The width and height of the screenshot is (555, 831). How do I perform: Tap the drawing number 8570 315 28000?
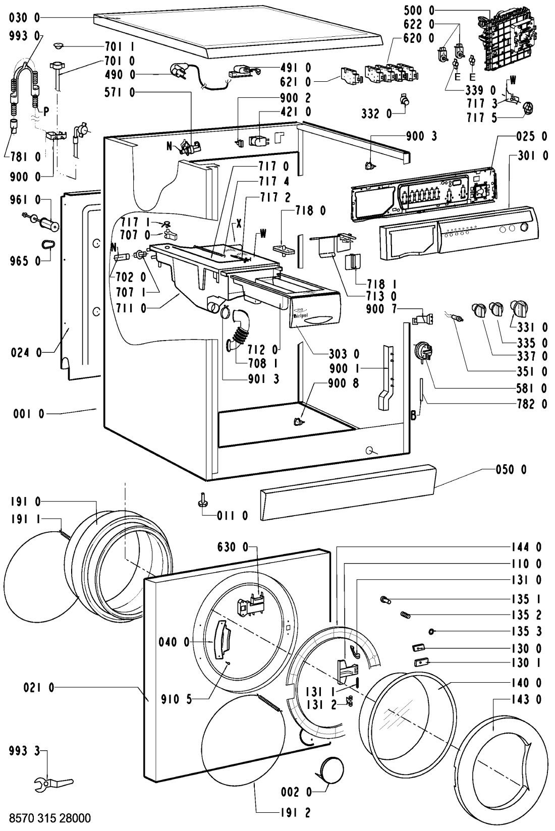49,818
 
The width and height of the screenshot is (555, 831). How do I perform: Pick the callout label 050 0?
511,470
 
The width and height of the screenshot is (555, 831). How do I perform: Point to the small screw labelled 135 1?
385,599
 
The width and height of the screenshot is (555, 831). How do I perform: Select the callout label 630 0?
233,547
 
